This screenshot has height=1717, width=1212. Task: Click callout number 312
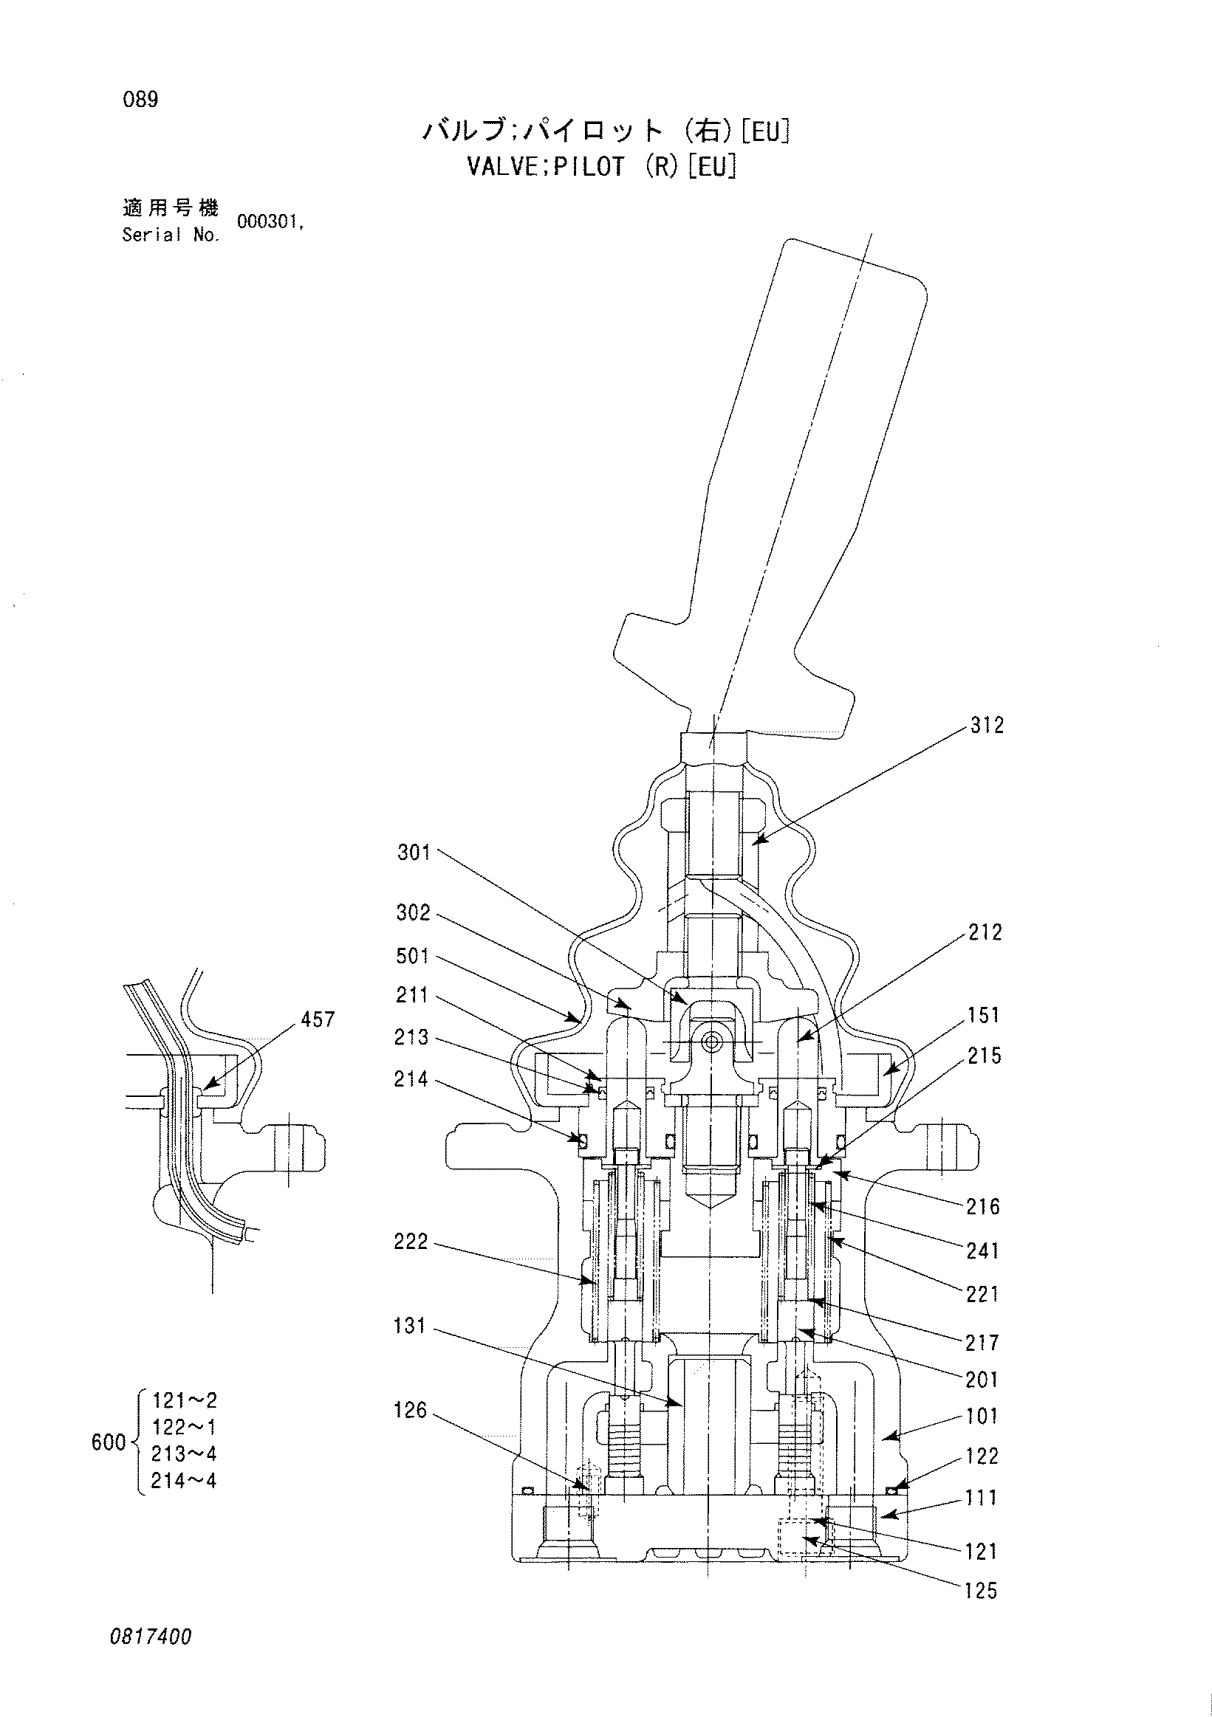coord(987,726)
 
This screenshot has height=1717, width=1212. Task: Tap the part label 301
coord(414,853)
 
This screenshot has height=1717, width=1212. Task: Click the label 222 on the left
coord(411,1242)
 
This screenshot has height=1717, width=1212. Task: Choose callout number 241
coord(982,1251)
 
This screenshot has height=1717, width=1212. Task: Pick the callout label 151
coord(983,1016)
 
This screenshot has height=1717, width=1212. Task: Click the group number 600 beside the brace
coord(109,1442)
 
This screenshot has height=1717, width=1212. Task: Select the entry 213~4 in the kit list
coord(184,1453)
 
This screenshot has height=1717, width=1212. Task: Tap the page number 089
coord(140,100)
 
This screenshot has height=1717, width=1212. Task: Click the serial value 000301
coord(270,222)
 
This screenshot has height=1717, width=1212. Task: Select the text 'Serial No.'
coord(171,235)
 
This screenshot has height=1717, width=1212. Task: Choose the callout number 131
coord(409,1327)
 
